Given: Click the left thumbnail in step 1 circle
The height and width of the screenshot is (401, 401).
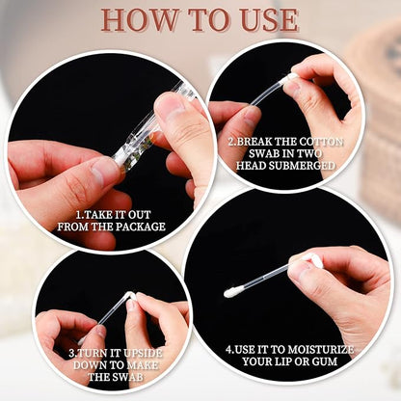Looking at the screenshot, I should point(106,174).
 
